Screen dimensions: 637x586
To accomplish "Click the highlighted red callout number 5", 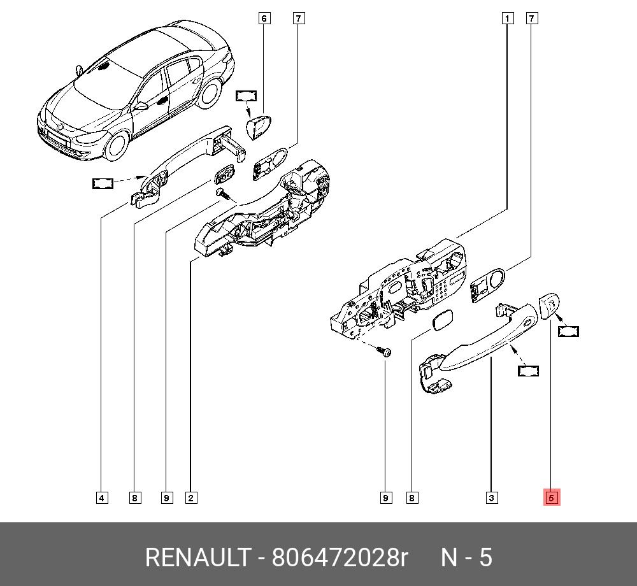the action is click(x=551, y=497).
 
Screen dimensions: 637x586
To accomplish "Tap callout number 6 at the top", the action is click(x=264, y=18).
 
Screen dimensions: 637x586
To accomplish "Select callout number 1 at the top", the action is click(x=507, y=18).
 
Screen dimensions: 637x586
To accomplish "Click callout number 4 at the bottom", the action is click(x=102, y=498).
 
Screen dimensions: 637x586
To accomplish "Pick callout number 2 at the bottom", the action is click(x=191, y=498).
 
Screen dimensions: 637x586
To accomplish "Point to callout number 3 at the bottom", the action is click(x=492, y=498).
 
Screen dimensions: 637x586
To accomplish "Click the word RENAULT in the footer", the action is click(x=198, y=557).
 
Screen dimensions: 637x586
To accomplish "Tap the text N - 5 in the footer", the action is click(x=467, y=557).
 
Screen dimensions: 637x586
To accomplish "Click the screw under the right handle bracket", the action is click(x=384, y=351).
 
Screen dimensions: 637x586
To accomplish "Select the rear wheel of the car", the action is click(x=210, y=93).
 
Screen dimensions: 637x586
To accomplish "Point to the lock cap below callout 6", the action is click(x=259, y=126).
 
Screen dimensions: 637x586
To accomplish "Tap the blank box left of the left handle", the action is click(x=103, y=183).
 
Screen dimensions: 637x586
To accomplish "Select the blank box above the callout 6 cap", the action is click(x=246, y=96).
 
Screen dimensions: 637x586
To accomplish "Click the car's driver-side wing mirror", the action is click(x=141, y=106).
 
